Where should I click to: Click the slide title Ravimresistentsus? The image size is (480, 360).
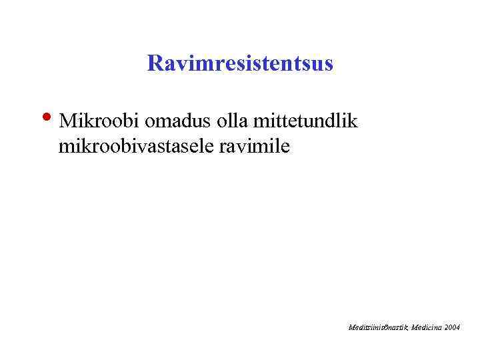(240, 64)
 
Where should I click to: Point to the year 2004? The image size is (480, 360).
(452, 327)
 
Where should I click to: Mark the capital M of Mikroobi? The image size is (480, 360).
(67, 121)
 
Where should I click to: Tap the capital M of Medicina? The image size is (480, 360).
(415, 327)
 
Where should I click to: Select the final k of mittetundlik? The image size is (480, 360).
(353, 121)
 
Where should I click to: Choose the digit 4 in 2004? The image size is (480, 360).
(457, 327)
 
